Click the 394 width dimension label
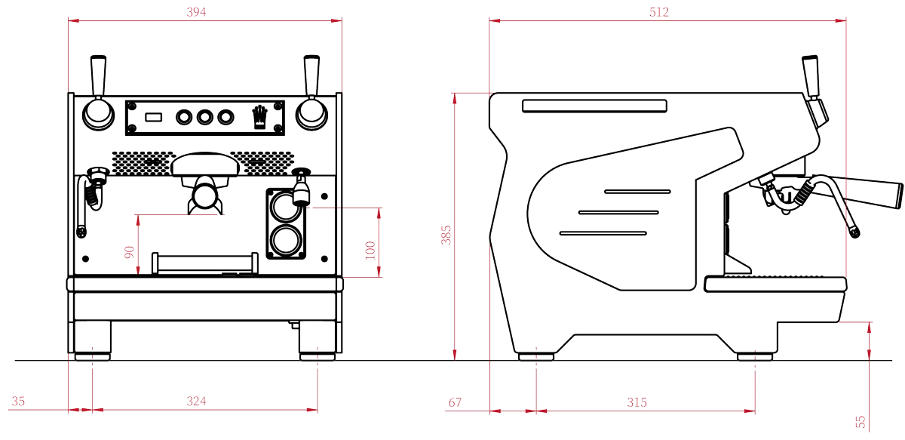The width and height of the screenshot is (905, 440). [195, 12]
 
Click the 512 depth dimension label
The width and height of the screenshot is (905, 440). [658, 12]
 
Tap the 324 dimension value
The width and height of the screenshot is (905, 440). [196, 402]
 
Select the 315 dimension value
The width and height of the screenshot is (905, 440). [637, 402]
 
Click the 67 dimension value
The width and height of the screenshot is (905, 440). [455, 403]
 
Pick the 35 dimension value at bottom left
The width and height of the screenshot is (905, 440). [19, 402]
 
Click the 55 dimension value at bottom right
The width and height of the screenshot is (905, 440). [862, 420]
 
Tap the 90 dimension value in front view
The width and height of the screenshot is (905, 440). [129, 252]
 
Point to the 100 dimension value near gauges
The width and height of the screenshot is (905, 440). [369, 250]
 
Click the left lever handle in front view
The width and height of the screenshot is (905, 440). [98, 74]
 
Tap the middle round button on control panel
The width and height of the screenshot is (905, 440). [204, 118]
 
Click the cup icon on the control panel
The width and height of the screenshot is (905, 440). [259, 116]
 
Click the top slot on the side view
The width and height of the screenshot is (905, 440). [594, 106]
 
